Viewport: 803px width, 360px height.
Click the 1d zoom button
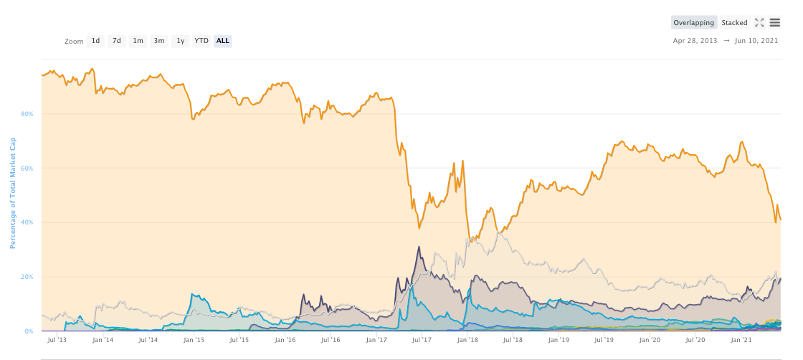[95, 41]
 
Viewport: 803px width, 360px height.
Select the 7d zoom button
[116, 41]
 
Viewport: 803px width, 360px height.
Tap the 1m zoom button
[138, 41]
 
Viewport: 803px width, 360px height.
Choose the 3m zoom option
[159, 41]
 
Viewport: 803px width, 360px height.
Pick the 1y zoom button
[181, 41]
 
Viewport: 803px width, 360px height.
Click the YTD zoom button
[201, 41]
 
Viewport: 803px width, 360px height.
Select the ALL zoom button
[223, 41]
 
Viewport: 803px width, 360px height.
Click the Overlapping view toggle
[693, 23]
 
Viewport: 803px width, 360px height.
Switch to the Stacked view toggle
[734, 23]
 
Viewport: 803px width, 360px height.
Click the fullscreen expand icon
[759, 22]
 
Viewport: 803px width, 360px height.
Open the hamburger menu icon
[775, 22]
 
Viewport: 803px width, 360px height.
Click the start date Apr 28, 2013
[695, 41]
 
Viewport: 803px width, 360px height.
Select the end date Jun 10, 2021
[756, 41]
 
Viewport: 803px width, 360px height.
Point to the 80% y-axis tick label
[28, 114]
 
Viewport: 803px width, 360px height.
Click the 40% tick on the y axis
[28, 222]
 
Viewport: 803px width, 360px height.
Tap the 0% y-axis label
[29, 331]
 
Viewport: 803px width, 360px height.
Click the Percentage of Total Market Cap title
[13, 194]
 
